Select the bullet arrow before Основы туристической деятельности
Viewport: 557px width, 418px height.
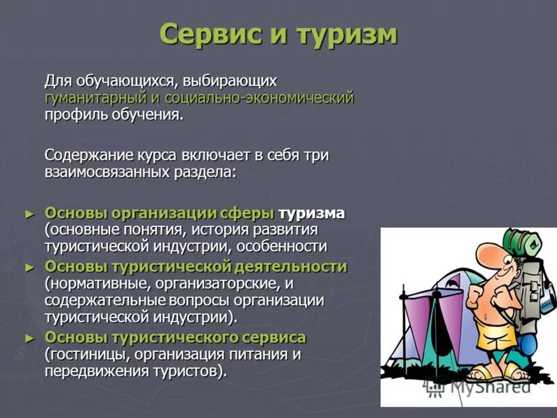29,268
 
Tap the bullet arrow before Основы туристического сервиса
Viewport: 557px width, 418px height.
29,338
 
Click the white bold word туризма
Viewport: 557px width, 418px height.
311,213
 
